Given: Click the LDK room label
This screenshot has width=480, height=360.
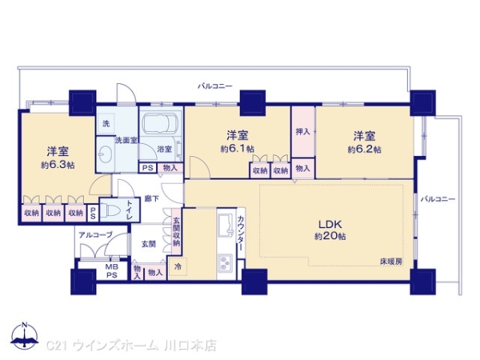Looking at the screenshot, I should tap(330, 223).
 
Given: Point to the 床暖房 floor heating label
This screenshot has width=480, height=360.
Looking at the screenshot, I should tap(392, 262).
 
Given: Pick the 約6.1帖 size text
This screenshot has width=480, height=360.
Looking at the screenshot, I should tap(237, 149).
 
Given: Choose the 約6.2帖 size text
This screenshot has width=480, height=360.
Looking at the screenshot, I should tap(364, 149).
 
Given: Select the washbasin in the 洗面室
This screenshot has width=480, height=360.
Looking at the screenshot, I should tap(106, 152).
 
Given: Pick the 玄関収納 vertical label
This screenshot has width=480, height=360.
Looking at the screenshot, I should tap(177, 232).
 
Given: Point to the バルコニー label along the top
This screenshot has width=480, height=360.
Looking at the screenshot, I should tap(215, 84).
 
